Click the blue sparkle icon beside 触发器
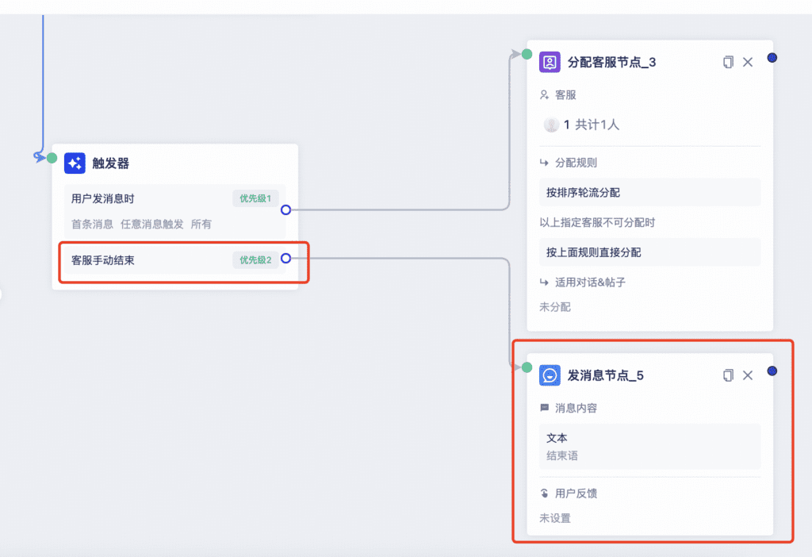point(75,163)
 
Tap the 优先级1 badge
point(255,198)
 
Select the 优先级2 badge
point(255,260)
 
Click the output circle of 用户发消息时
point(285,209)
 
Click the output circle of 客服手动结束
point(285,258)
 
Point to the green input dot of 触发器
point(52,158)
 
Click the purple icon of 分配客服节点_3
point(550,62)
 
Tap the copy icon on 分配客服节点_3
point(728,62)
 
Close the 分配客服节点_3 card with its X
point(748,62)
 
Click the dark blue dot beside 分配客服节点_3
point(772,57)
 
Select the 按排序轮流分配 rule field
point(650,193)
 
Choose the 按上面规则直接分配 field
point(650,252)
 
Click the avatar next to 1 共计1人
point(551,125)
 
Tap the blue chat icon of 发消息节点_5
point(550,375)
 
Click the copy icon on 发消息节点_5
point(728,375)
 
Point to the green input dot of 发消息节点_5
point(527,367)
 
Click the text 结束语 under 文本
point(562,456)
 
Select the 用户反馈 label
point(576,494)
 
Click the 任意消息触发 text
point(151,225)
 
